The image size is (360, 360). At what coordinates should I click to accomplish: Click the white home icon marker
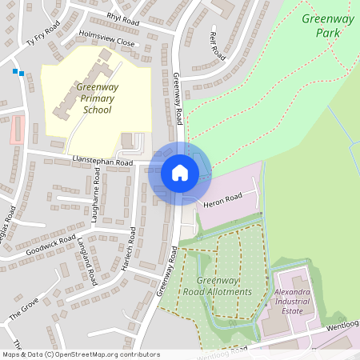pos(180,173)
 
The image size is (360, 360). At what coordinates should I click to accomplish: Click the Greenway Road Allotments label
pos(223,286)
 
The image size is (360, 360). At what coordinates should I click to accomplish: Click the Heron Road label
pos(222,200)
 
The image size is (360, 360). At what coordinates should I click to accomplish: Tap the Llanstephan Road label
pos(101,162)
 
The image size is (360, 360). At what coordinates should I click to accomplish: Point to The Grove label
pos(24,309)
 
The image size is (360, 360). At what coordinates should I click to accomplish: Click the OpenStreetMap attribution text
pos(81,354)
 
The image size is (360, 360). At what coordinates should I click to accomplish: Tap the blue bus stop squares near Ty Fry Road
pos(18,73)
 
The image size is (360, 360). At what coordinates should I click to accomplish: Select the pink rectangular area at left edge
pos(17,130)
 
